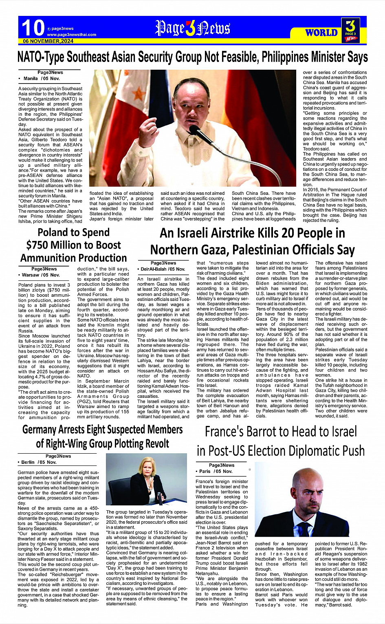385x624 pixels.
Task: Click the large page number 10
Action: [x=33, y=28]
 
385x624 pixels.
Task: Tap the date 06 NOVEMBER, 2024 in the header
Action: [x=48, y=41]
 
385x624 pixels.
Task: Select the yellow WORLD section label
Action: [x=321, y=33]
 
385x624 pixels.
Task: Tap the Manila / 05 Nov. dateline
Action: [x=42, y=78]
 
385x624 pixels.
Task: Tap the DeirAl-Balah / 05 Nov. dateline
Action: [x=163, y=269]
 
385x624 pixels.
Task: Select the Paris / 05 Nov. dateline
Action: [x=216, y=471]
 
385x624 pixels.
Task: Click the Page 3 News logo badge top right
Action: [x=350, y=30]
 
